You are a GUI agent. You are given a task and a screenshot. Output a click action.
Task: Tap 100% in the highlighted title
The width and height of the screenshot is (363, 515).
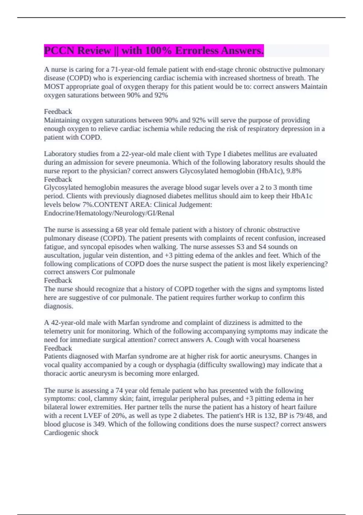[x=157, y=50]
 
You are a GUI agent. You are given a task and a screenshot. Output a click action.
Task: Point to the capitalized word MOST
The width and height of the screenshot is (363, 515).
[x=54, y=87]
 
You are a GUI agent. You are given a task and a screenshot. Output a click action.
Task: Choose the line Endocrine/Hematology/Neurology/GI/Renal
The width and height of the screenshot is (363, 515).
[x=109, y=213]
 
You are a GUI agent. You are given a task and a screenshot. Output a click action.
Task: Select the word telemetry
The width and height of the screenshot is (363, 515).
[x=58, y=331]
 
